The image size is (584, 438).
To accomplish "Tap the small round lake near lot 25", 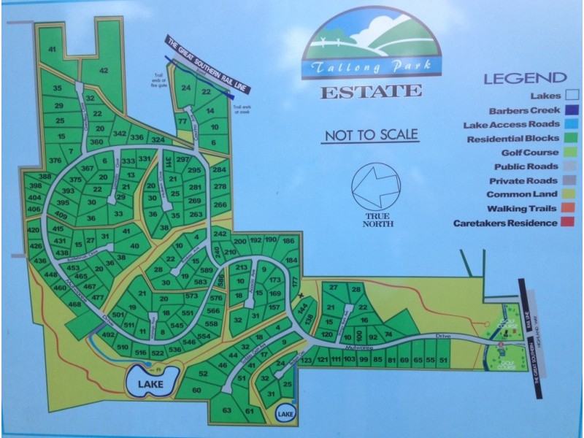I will point(286,415).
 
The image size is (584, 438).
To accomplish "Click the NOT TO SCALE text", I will point(371,135).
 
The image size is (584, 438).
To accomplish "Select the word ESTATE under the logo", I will point(371,92).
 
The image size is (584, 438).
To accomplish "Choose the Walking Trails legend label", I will point(520,209).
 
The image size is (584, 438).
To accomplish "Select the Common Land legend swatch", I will point(574,195).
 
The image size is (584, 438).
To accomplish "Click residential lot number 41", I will point(52,49).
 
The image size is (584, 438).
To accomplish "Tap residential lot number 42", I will point(104,71).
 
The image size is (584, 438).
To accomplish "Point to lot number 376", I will point(55,161).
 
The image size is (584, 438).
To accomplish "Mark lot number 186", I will point(288,241).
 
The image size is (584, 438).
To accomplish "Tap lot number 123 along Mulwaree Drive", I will point(307,361).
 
